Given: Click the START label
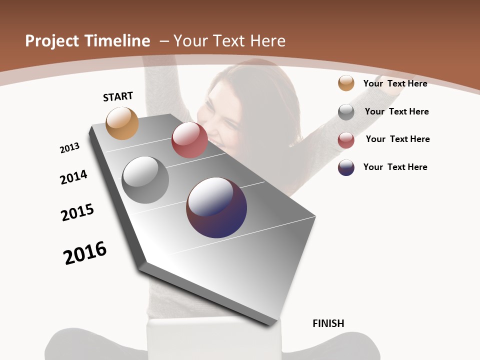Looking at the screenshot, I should [x=118, y=96].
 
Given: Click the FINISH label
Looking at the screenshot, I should [x=328, y=323].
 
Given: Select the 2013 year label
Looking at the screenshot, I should [x=69, y=148].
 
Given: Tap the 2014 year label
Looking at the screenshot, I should [x=73, y=177].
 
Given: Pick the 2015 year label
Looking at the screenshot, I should [x=77, y=212].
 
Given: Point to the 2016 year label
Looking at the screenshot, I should [x=85, y=252].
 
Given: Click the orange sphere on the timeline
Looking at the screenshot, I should [x=122, y=123].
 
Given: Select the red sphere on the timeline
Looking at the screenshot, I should [x=189, y=140].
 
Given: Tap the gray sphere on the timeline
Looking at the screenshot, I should [x=145, y=179].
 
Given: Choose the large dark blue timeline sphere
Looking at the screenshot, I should [x=216, y=207].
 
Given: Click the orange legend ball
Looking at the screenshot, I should [x=346, y=83].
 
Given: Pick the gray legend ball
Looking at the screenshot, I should [x=346, y=112].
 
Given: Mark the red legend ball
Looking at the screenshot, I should [x=346, y=140].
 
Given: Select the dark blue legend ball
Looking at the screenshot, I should [x=346, y=167].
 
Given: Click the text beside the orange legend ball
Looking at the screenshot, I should [x=395, y=83].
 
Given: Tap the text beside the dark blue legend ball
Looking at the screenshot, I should [x=395, y=167].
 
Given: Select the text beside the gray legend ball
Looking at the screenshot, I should [x=396, y=111].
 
